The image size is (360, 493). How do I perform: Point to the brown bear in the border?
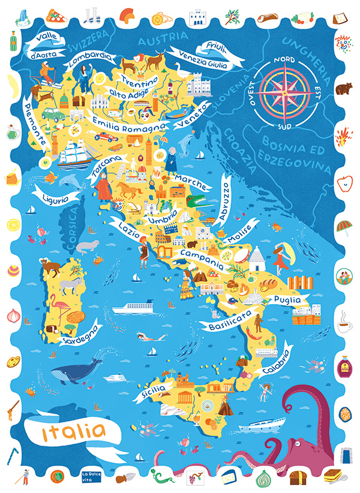tap(344, 89)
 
